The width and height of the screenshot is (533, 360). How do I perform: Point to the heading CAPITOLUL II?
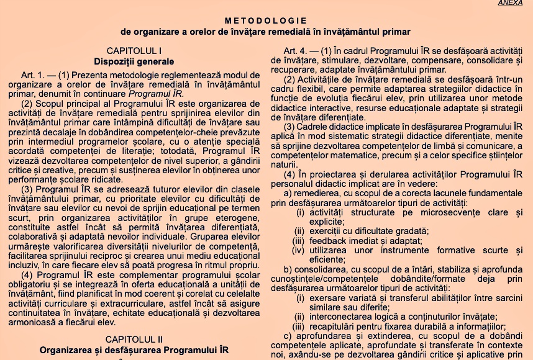[x=134, y=339]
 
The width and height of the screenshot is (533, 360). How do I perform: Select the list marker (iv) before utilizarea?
[x=299, y=250]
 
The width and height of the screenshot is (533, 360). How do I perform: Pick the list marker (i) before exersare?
[x=301, y=297]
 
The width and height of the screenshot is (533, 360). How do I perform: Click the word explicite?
[x=327, y=222]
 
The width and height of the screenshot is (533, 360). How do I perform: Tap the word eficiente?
[x=326, y=259]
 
